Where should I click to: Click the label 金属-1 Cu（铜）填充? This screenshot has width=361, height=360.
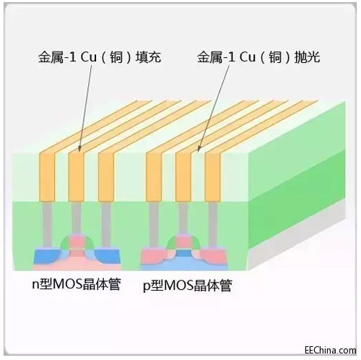(100, 57)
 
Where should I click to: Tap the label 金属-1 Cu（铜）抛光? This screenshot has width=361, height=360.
(258, 57)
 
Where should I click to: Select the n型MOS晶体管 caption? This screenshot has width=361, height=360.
(77, 285)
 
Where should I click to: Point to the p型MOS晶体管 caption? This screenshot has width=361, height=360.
(188, 286)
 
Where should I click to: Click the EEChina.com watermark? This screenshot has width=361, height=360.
(330, 350)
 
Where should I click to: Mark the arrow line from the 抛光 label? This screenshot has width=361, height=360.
(213, 108)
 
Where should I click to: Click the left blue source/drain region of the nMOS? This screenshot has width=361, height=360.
(46, 257)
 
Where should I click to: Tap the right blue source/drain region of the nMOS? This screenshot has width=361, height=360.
(108, 257)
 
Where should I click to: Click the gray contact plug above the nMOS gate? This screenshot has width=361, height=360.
(77, 218)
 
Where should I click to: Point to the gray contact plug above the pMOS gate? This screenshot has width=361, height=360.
(183, 218)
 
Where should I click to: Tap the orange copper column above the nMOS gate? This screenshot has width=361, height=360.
(77, 176)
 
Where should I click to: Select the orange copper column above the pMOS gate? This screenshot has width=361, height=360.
(183, 176)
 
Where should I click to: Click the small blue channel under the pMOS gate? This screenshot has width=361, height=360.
(183, 253)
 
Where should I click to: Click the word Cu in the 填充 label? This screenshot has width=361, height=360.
(88, 57)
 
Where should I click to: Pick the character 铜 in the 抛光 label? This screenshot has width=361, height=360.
(275, 57)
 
